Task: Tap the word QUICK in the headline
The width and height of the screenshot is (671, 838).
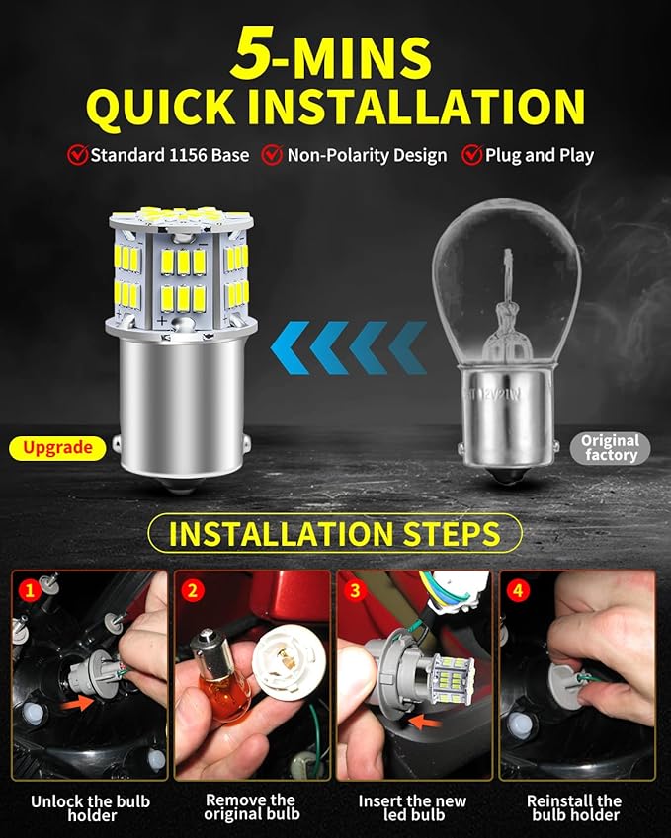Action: coord(161,108)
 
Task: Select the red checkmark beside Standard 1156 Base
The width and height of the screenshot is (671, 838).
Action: coord(78,154)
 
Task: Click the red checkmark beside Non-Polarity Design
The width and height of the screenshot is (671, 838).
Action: coord(272,154)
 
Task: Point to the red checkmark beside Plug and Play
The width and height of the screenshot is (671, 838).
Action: coord(472,154)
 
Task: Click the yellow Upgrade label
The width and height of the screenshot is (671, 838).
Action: coord(57,448)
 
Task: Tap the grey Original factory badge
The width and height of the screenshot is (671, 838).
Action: coord(610,448)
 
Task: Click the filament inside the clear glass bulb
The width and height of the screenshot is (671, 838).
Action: coord(506,299)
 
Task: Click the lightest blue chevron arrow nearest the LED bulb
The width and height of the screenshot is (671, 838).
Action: coord(290,347)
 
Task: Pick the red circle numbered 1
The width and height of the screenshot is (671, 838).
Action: coord(30,590)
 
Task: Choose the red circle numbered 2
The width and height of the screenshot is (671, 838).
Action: coord(193,590)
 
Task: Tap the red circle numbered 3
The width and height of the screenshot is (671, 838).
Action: coord(356,590)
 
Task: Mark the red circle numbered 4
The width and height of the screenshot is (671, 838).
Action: coord(518,590)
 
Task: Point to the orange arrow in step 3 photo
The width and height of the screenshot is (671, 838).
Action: coord(425,722)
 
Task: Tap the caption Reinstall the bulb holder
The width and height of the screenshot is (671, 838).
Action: coord(575,807)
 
